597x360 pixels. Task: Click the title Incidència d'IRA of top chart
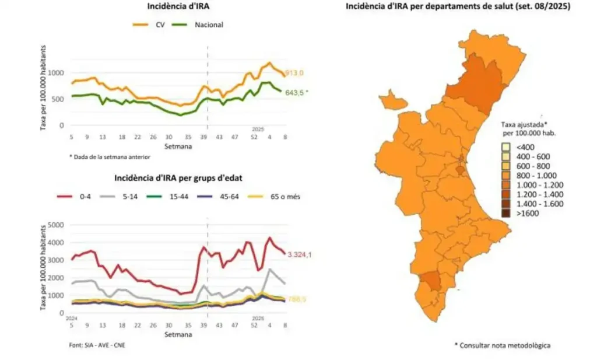pos(178,6)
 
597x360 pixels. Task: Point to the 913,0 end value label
pos(294,73)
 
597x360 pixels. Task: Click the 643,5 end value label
pos(294,92)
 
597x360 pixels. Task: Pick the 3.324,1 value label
pos(297,254)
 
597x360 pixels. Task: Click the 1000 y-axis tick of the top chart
pos(57,73)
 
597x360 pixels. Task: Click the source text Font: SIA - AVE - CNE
pos(97,345)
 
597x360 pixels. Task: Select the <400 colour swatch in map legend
pos(505,147)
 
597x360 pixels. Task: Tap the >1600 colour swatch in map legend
pos(505,214)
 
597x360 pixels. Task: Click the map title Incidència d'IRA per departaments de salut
pos(458,6)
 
